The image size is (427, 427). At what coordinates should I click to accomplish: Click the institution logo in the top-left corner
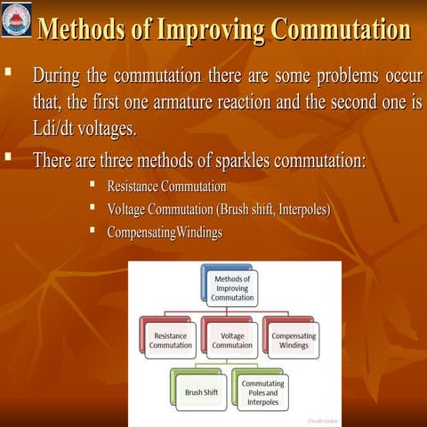pyautogui.click(x=16, y=20)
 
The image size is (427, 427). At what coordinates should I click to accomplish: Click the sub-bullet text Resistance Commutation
pyautogui.click(x=166, y=187)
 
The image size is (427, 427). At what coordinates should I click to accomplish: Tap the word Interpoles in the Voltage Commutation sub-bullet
pyautogui.click(x=302, y=210)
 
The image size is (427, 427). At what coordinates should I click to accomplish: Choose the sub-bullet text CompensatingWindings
pyautogui.click(x=165, y=232)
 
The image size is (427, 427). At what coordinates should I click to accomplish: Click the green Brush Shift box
pyautogui.click(x=201, y=391)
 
